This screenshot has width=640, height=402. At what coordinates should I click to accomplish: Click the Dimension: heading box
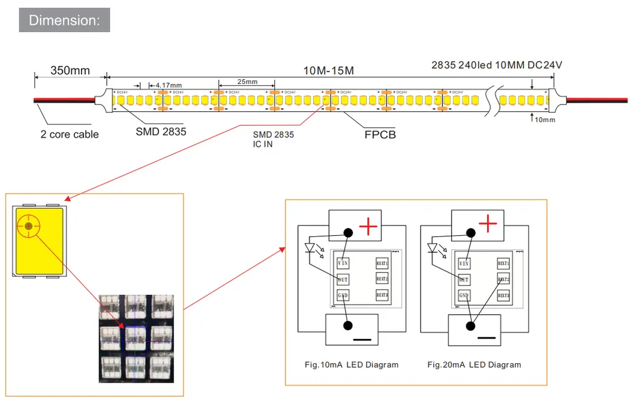pos(64,20)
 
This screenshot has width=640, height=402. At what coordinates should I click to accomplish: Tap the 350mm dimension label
pos(70,71)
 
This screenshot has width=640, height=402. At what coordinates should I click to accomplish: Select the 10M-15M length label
pos(328,71)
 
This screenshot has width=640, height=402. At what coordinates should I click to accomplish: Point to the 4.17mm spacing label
pos(168,85)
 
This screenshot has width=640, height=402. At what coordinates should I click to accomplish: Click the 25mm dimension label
pos(247,82)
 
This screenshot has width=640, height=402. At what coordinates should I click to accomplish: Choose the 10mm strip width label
pos(545,120)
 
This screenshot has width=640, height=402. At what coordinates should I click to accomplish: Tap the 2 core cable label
pos(69,134)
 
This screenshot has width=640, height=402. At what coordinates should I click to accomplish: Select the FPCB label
pos(380,134)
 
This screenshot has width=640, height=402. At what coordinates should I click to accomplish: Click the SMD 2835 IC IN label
pos(273,140)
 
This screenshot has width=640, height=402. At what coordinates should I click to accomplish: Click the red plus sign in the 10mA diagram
pos(369,227)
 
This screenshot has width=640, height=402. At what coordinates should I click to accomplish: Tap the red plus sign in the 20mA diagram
pos(488,225)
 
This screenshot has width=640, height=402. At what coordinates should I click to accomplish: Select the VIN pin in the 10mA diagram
pos(343,264)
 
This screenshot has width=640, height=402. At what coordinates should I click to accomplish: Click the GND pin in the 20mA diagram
pos(464,296)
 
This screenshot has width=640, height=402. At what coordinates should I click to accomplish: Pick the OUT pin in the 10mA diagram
pos(343,280)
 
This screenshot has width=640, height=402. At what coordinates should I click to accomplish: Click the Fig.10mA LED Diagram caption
pos(351,365)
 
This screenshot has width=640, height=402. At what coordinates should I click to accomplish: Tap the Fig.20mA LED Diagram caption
pos(474,365)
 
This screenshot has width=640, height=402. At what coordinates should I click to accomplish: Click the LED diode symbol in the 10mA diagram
pos(311,248)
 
